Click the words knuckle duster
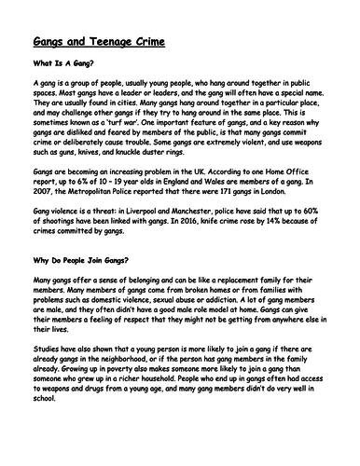(160, 176)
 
